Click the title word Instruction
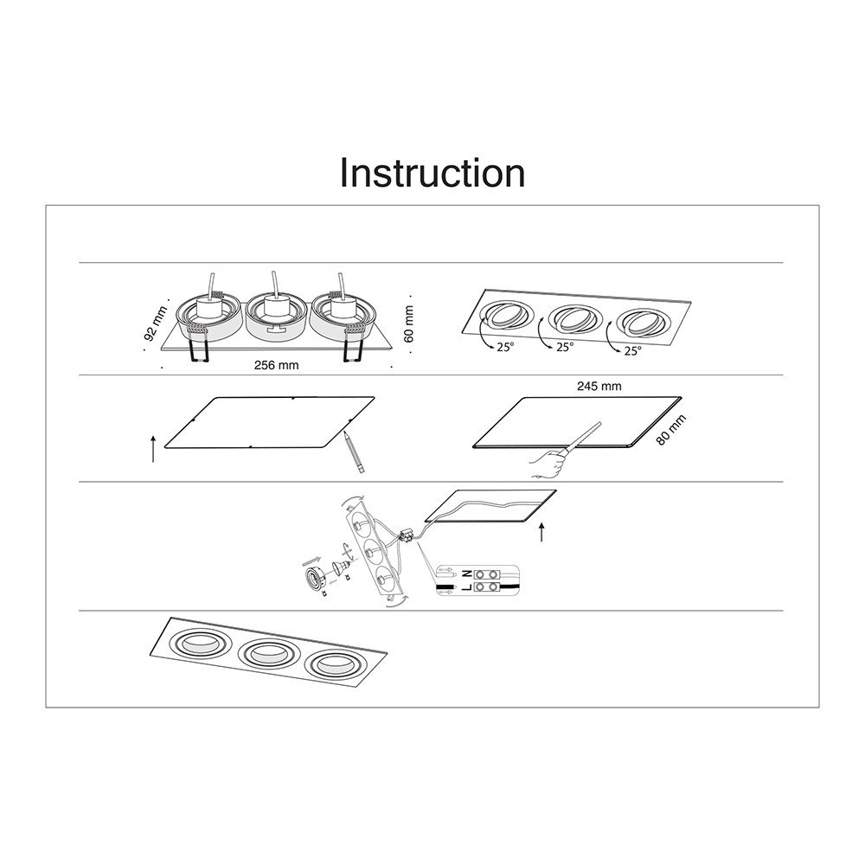pyautogui.click(x=432, y=173)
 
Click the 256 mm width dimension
pyautogui.click(x=277, y=365)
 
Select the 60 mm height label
pyautogui.click(x=409, y=324)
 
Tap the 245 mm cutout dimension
pyautogui.click(x=599, y=386)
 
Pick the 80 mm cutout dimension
pyautogui.click(x=671, y=430)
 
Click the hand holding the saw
pyautogui.click(x=548, y=462)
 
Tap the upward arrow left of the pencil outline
pyautogui.click(x=153, y=448)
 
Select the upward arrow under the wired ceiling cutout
pyautogui.click(x=541, y=532)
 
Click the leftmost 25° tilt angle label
pyautogui.click(x=504, y=347)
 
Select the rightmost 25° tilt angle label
pyautogui.click(x=632, y=351)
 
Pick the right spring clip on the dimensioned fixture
pyautogui.click(x=351, y=342)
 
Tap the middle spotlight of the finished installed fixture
pyautogui.click(x=267, y=654)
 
